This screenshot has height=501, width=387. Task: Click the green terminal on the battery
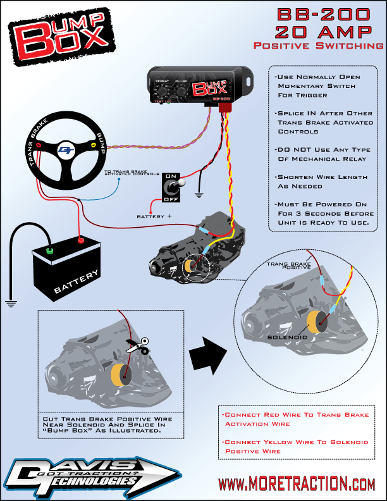(49, 251)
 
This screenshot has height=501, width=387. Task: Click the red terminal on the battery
(80, 240)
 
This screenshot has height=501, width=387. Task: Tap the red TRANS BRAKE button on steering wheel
(40, 145)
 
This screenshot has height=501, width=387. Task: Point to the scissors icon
(137, 346)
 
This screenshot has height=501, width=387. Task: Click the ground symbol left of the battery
(9, 302)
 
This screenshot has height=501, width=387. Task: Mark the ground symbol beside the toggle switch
(200, 194)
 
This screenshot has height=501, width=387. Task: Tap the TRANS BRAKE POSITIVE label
(288, 266)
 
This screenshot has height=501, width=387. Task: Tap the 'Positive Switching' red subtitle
(317, 46)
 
